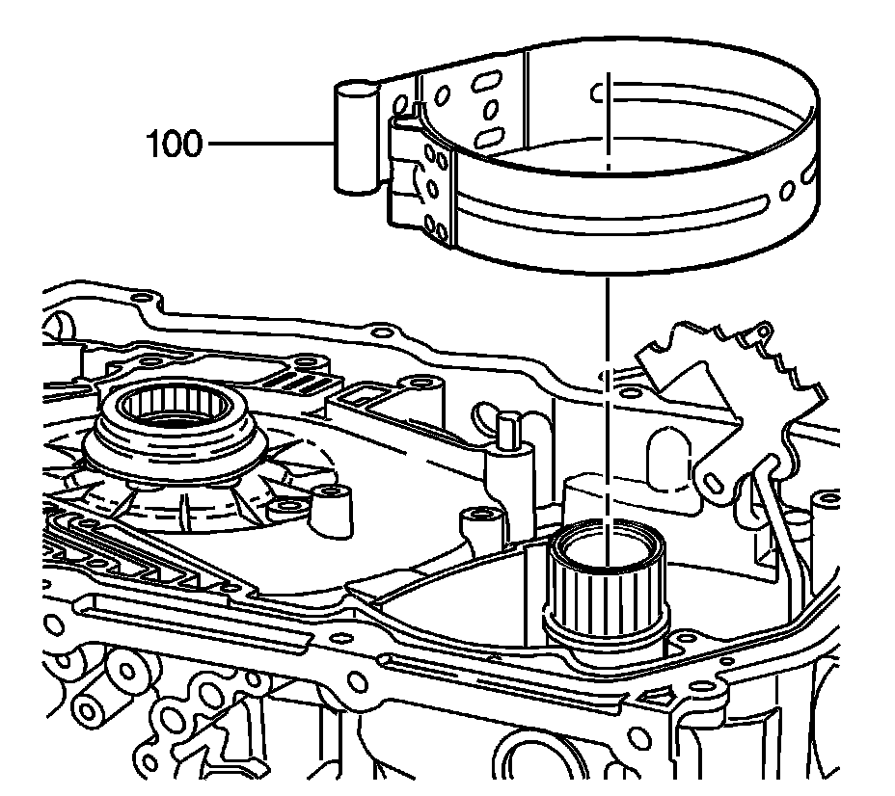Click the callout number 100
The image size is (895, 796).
(x=174, y=145)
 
